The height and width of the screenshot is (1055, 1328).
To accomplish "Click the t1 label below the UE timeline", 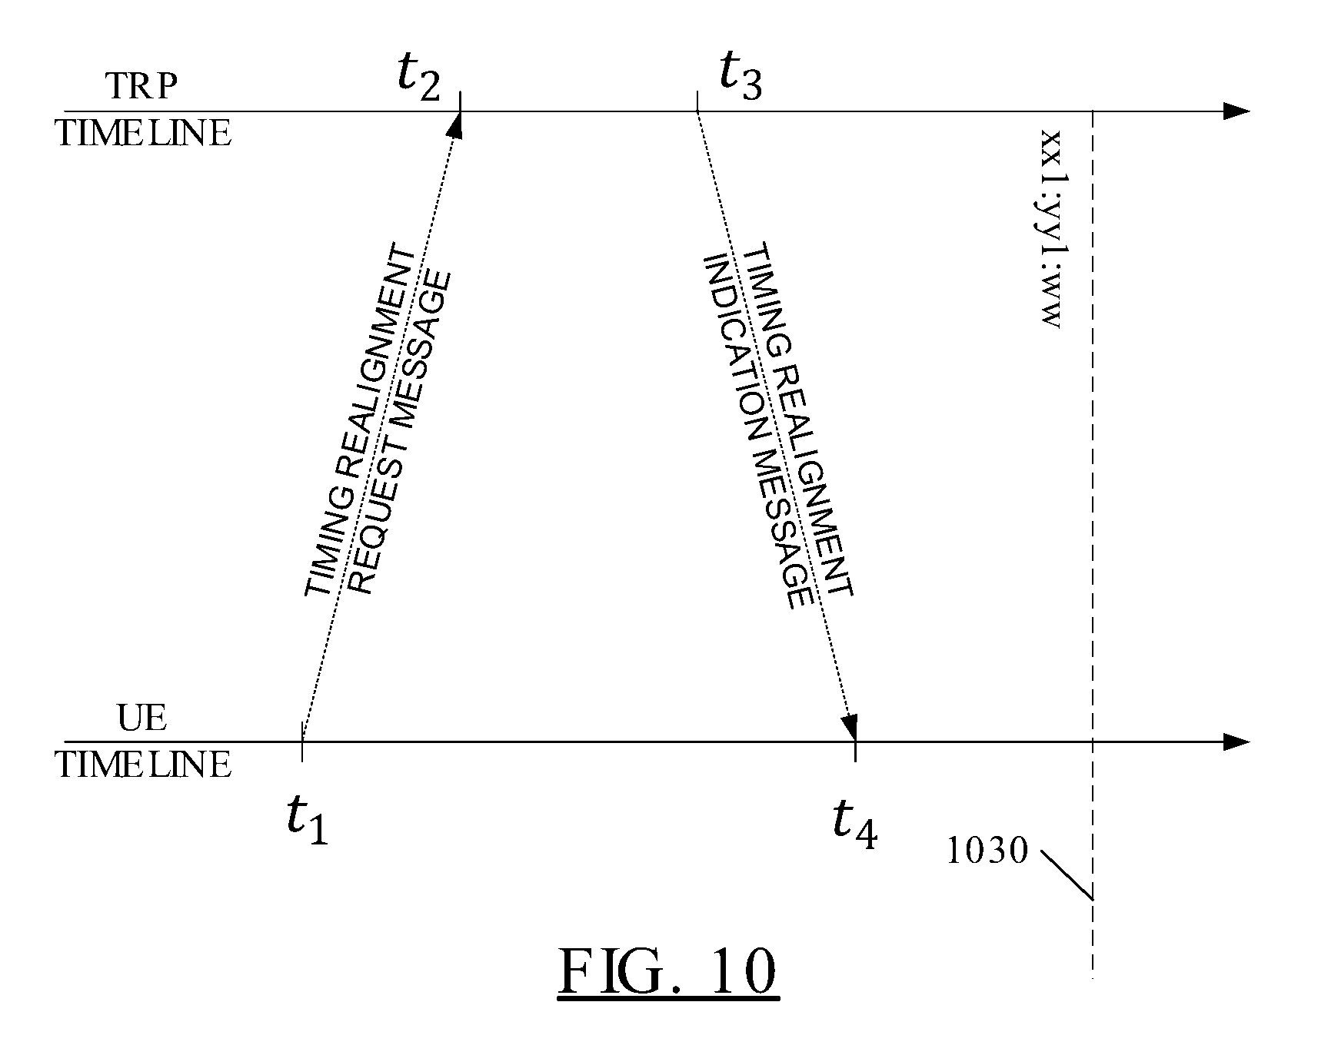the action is pyautogui.click(x=308, y=819).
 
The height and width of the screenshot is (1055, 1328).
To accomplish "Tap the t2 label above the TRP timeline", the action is pyautogui.click(x=419, y=77).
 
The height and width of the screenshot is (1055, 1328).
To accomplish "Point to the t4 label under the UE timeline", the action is pyautogui.click(x=855, y=824).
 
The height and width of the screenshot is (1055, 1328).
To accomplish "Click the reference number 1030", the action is pyautogui.click(x=987, y=851).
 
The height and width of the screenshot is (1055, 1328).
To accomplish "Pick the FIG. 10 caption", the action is pyautogui.click(x=667, y=973).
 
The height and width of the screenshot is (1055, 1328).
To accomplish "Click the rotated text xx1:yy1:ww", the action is pyautogui.click(x=1050, y=229).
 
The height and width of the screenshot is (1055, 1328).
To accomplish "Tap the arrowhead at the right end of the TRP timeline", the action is pyautogui.click(x=1236, y=111).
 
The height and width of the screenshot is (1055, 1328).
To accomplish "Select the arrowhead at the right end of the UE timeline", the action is pyautogui.click(x=1236, y=742).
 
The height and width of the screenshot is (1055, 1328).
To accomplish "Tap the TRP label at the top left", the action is pyautogui.click(x=141, y=86).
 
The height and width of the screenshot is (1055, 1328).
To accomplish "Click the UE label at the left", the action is pyautogui.click(x=142, y=718).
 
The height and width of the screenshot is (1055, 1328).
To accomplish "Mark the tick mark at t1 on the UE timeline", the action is pyautogui.click(x=301, y=741).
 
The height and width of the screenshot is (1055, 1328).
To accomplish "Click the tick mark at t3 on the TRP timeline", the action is pyautogui.click(x=697, y=101).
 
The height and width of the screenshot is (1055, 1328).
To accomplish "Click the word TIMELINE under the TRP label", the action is pyautogui.click(x=143, y=134).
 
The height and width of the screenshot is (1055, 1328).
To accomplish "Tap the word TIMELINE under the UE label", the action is pyautogui.click(x=143, y=765).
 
